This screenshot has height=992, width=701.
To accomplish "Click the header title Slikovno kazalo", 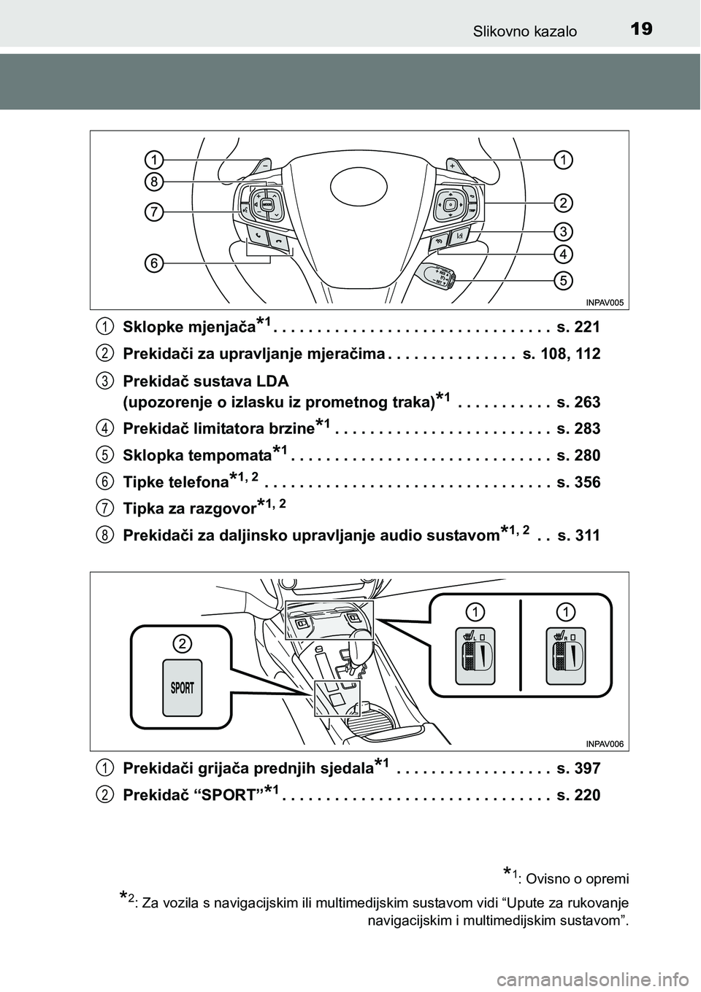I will (x=525, y=31).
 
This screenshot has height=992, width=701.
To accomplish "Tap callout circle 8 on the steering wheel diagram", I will (x=153, y=181).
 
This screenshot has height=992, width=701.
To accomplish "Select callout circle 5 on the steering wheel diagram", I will (x=562, y=279).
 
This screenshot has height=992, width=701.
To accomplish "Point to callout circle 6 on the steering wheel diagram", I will (x=153, y=263).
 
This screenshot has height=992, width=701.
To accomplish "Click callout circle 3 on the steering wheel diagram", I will (x=562, y=232).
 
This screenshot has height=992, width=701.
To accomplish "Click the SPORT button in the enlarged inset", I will (x=182, y=688).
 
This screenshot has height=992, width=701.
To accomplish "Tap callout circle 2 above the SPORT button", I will (x=182, y=643).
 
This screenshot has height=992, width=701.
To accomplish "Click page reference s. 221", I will (x=578, y=327).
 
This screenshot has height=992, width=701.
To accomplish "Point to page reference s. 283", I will (x=578, y=429).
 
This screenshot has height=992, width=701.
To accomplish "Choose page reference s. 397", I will (x=578, y=768).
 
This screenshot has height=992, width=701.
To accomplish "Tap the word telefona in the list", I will (x=197, y=483).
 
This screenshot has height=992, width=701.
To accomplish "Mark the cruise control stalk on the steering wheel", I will (x=437, y=274).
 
